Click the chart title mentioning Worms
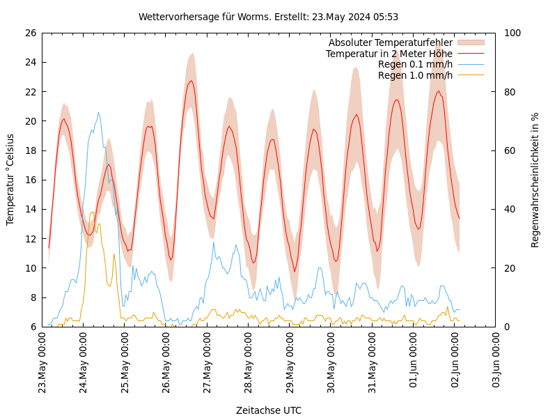pos(268,17)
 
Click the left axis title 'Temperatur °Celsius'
pos(10,180)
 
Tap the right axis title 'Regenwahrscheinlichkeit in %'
pos(535,180)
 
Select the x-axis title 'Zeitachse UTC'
pos(269,410)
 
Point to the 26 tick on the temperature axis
pos(30,33)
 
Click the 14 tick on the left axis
pos(30,209)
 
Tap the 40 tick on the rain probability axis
pos(508,209)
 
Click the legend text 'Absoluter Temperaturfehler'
pos(391,43)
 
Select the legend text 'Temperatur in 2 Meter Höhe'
pos(389,54)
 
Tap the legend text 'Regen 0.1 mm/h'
pos(415,64)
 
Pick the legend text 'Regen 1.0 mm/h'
pos(415,75)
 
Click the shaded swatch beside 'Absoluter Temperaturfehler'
pos(470,43)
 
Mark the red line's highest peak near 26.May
pos(191,81)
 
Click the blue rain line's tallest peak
pos(98,112)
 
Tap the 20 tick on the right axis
pos(508,268)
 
